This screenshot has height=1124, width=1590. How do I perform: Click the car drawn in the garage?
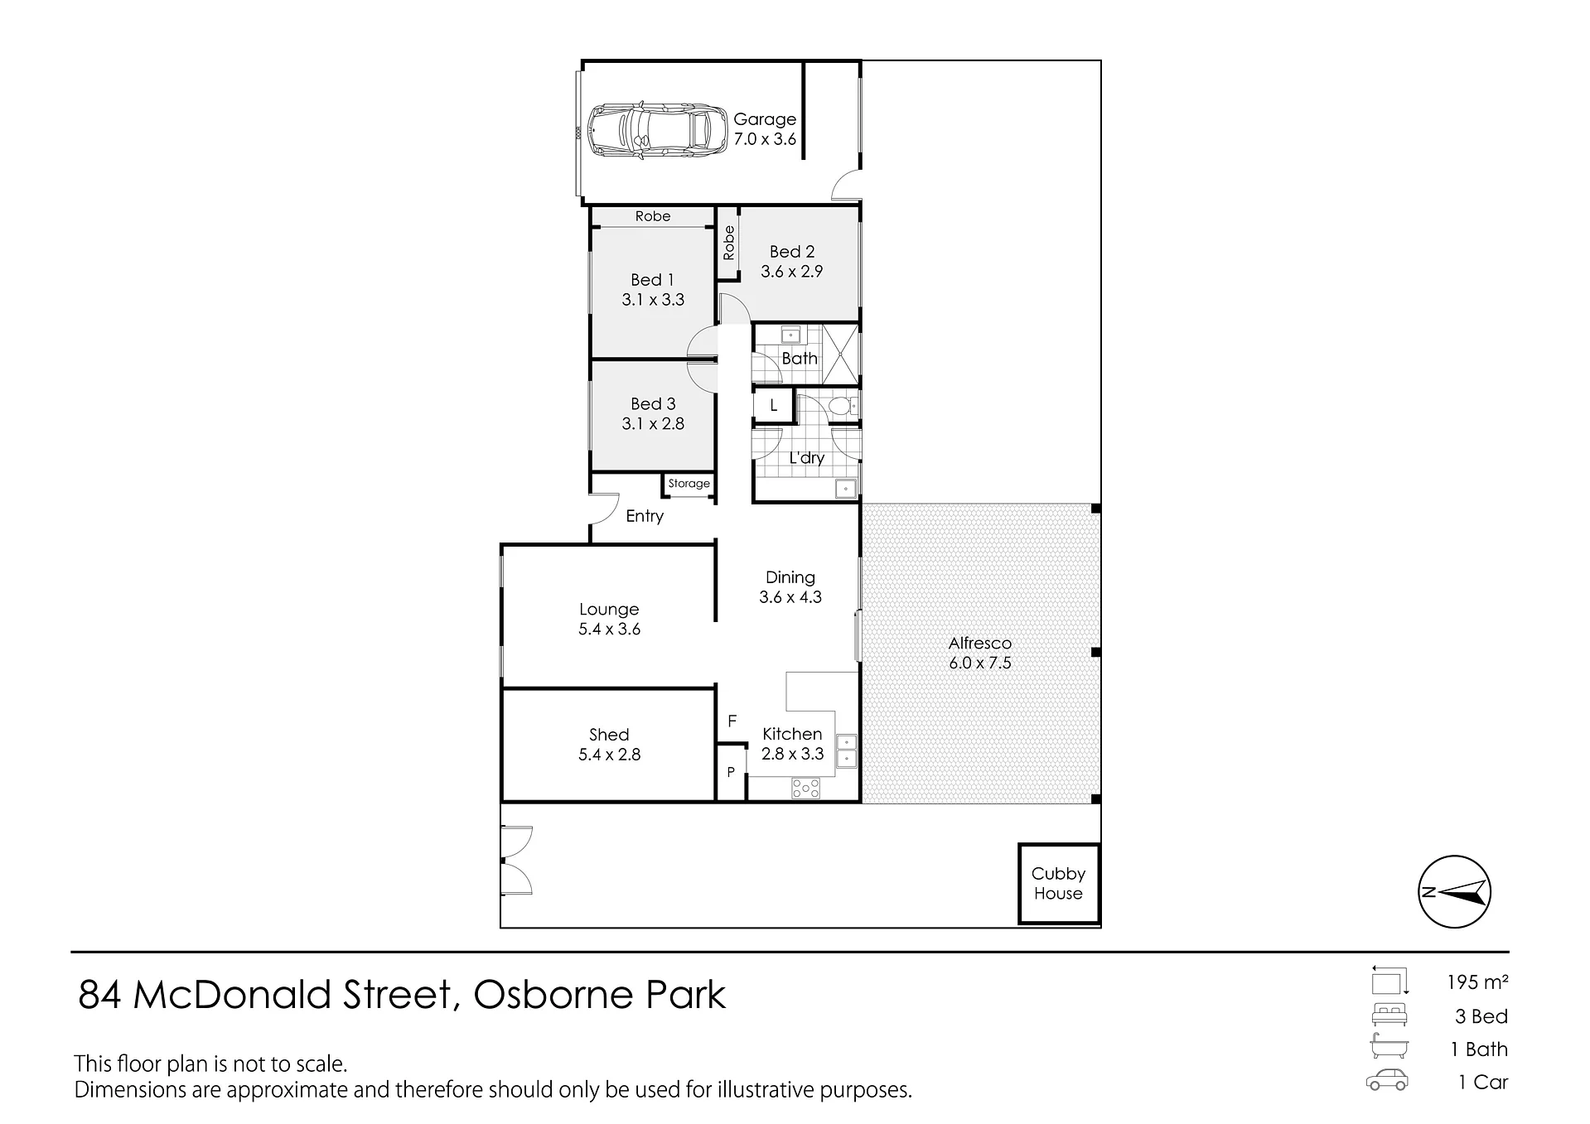coord(650,131)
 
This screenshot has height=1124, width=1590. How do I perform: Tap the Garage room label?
coord(765,119)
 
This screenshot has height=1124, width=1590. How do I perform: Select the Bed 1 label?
coord(652,280)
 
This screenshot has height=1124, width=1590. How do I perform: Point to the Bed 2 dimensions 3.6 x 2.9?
coord(792,272)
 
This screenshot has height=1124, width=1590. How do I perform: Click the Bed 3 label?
coord(653,404)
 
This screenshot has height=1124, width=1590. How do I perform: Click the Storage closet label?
coord(689,484)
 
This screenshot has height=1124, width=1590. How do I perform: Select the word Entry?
coord(645,516)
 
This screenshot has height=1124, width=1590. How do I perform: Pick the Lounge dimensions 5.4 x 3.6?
coord(610,630)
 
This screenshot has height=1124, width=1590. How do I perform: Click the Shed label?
coord(609,735)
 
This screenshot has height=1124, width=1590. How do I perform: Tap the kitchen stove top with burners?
coord(805,788)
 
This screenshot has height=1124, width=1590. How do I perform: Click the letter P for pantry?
coord(731,772)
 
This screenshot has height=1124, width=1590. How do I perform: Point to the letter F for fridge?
coord(732,721)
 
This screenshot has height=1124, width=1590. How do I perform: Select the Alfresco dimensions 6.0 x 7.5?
coord(980,663)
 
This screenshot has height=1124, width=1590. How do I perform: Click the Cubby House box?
coord(1059,884)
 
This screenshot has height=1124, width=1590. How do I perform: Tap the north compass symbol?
coord(1455,892)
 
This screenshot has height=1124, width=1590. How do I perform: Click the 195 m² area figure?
coord(1477,982)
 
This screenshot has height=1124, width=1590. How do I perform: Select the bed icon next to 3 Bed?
coord(1389,1015)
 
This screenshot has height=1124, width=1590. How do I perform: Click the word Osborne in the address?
coord(554,995)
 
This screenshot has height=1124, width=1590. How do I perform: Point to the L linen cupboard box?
coord(774,406)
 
